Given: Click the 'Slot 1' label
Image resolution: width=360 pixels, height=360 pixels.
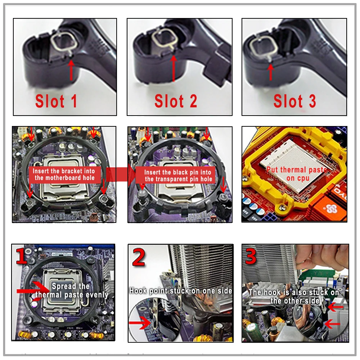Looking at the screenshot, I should coord(56,102).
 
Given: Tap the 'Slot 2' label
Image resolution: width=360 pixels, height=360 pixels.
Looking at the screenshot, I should coord(176,101).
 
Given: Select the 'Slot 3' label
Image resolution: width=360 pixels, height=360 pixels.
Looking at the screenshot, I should coord(294,101).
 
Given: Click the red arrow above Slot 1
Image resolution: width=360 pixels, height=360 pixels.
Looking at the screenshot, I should coord(71,70).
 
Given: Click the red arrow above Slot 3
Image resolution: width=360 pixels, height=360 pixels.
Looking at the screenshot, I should coord(270,71).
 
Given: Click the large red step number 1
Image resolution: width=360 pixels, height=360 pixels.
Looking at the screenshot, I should coord(22,258).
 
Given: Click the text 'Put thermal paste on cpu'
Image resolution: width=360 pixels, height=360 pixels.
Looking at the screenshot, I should coord(296,174).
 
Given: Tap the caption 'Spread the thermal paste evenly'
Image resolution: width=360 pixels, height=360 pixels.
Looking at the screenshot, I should coord(71,291).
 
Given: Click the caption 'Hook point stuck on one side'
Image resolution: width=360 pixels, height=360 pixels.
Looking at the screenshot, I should coord(181,291).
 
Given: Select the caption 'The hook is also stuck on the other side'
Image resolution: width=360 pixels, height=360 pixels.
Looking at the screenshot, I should coord(294,296).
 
